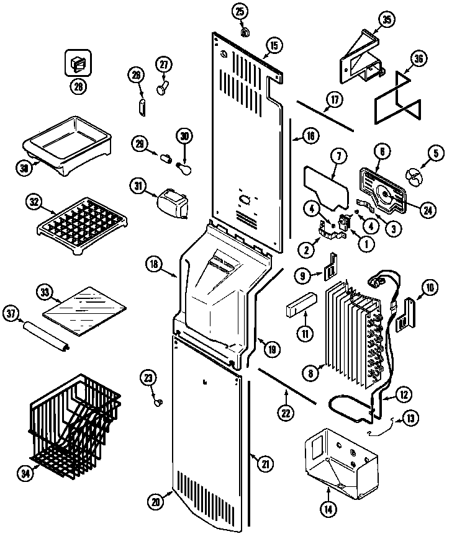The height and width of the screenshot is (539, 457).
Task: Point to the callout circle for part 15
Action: (274, 45)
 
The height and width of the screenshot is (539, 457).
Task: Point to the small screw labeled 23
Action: (157, 403)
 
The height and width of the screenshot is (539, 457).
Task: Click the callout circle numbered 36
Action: (419, 60)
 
